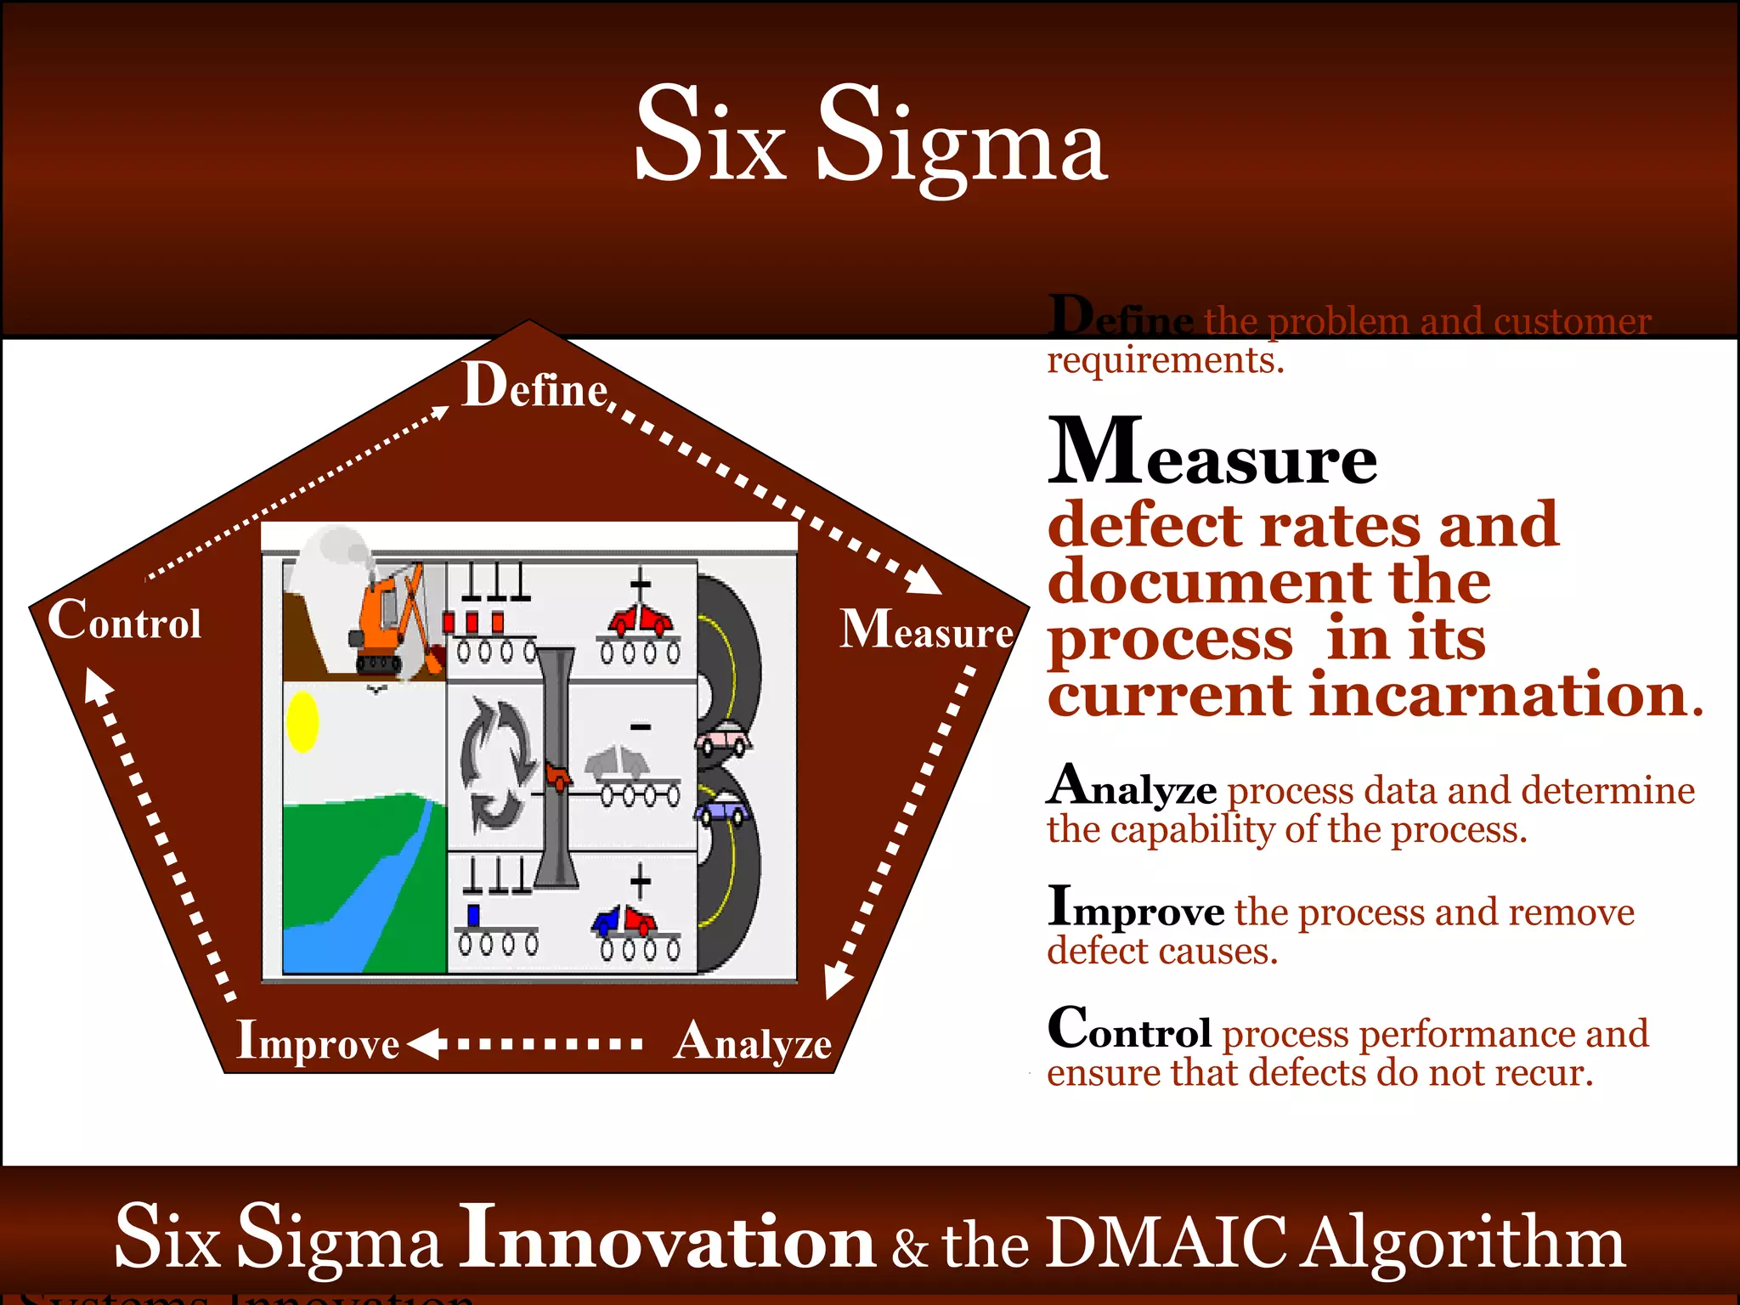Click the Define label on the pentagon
(x=534, y=387)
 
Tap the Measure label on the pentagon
(x=926, y=630)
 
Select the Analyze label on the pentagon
(x=752, y=1043)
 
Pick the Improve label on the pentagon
(x=318, y=1042)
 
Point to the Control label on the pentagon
(x=125, y=621)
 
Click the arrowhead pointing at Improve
(x=425, y=1043)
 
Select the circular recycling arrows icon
(x=497, y=765)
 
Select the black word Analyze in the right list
(x=1132, y=787)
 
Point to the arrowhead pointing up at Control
(x=96, y=685)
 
